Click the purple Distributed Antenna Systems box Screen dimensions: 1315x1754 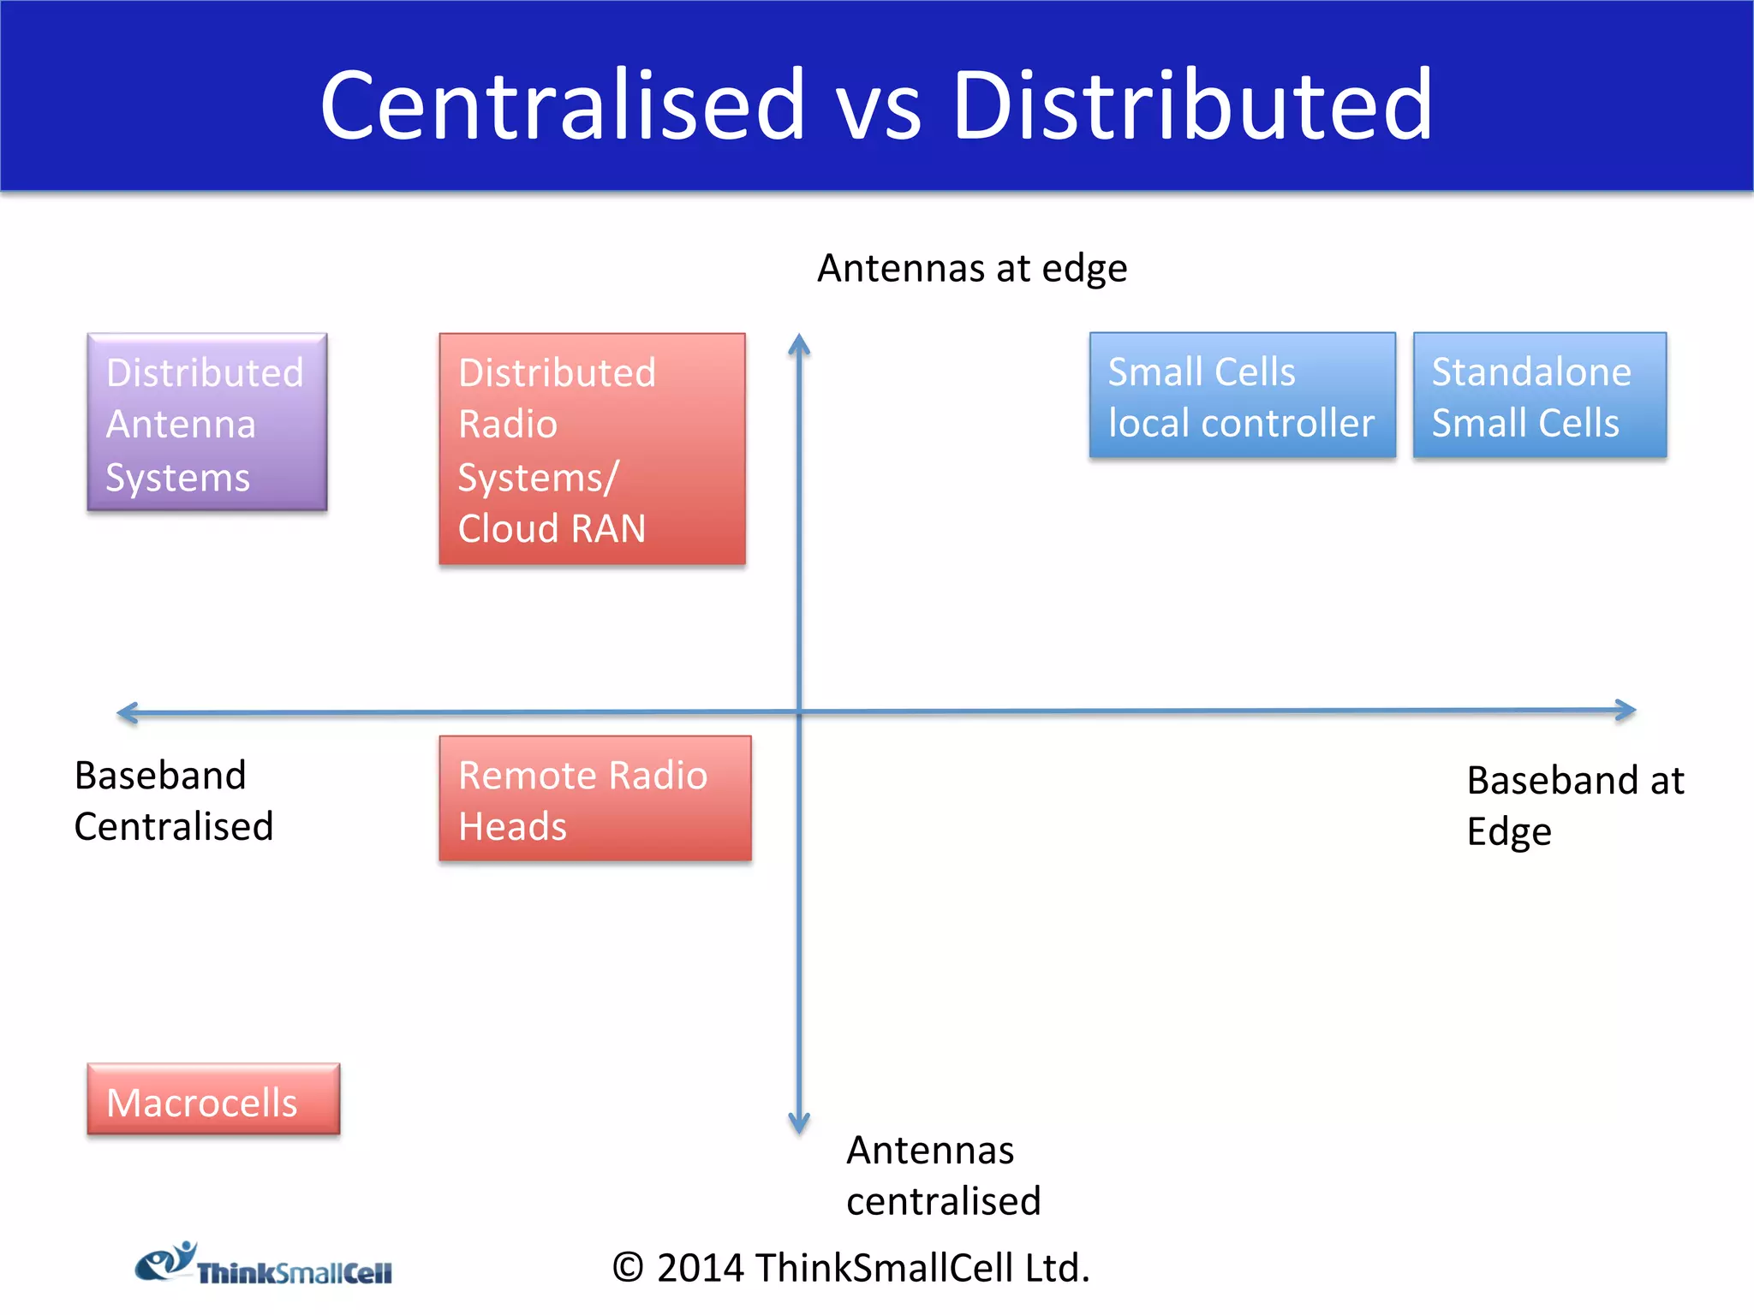[x=206, y=422]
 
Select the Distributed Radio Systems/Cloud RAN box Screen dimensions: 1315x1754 [x=592, y=449]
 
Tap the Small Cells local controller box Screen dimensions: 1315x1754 [x=1242, y=396]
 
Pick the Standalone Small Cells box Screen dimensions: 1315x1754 [x=1539, y=396]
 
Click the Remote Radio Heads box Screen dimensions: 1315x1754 [x=595, y=799]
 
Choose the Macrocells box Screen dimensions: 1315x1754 [x=213, y=1099]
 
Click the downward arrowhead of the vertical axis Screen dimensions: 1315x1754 [x=799, y=1124]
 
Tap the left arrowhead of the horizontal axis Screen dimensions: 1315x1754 [x=127, y=712]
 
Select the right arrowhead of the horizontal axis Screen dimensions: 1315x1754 [x=1626, y=710]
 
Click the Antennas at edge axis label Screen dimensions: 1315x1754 [x=972, y=268]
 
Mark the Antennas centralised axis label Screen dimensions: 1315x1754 [x=943, y=1175]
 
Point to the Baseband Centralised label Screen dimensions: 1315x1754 [x=173, y=801]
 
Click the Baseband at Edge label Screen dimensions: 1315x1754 [x=1574, y=806]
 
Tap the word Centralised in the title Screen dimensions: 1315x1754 [x=563, y=105]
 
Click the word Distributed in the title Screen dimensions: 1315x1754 [x=1192, y=105]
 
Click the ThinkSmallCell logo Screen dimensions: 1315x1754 [x=264, y=1264]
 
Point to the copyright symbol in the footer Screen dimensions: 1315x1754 [x=628, y=1268]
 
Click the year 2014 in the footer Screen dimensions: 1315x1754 [x=700, y=1268]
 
